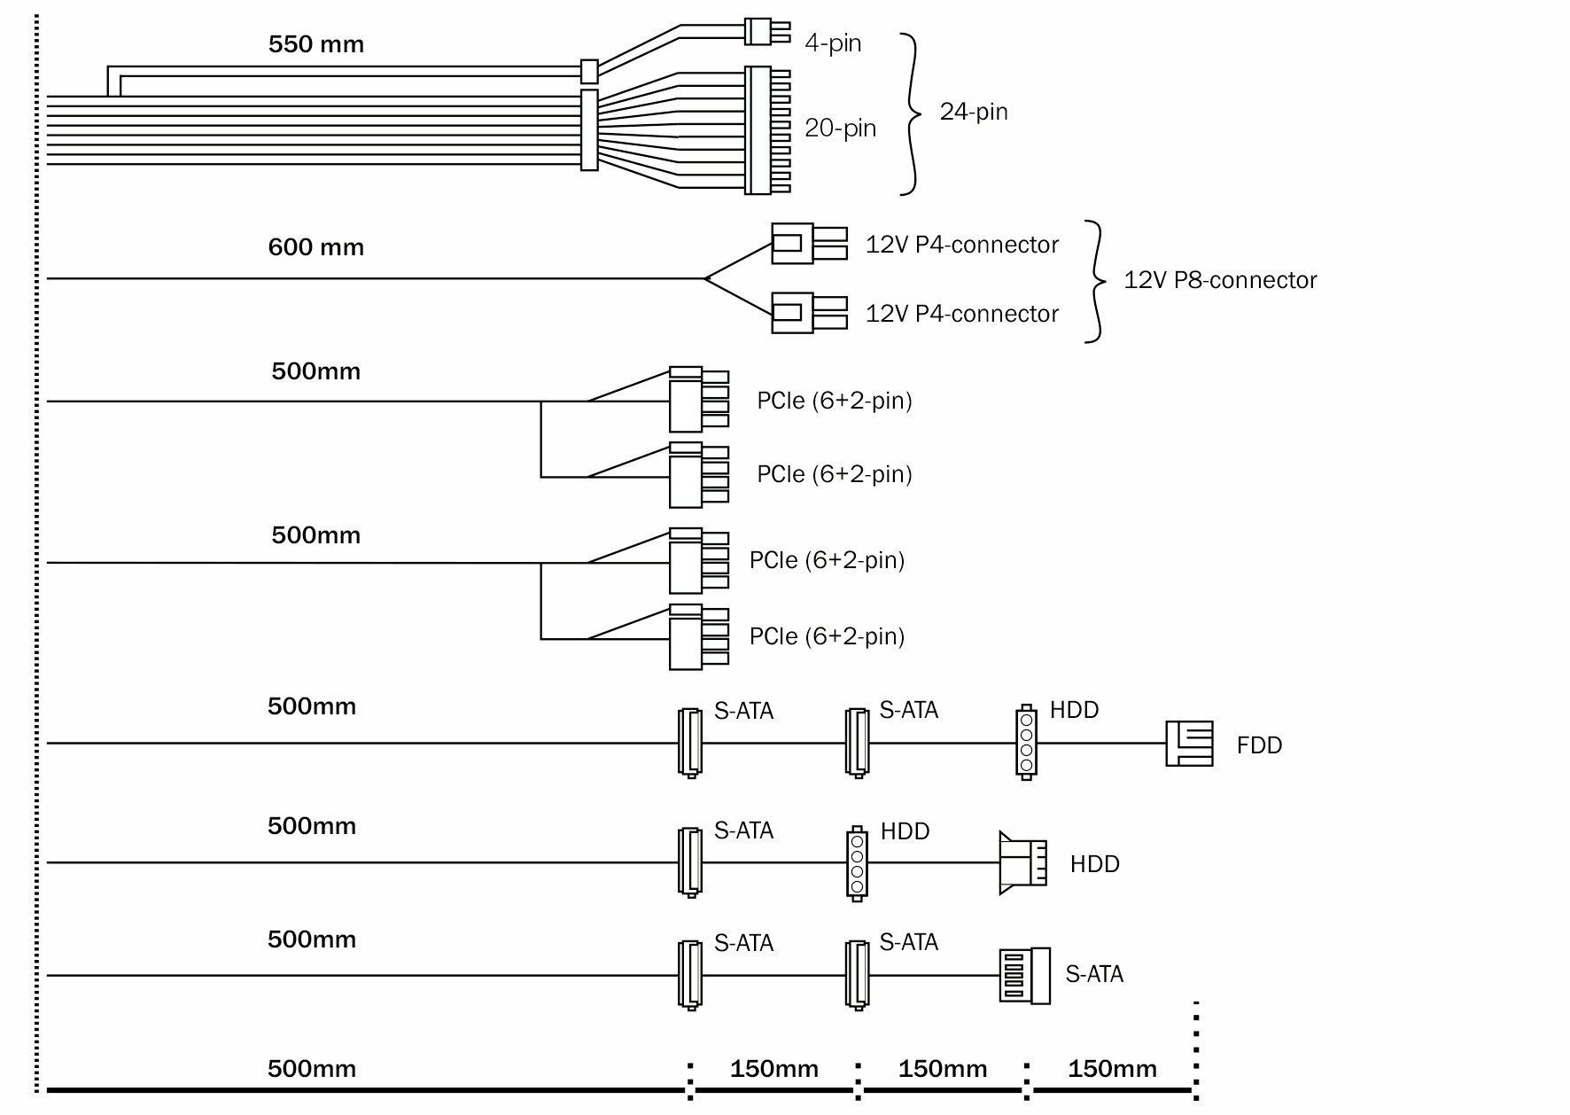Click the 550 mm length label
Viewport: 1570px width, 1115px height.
315,44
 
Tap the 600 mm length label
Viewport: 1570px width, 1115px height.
315,247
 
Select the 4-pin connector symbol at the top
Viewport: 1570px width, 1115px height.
764,32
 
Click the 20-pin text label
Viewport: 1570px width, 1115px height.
840,129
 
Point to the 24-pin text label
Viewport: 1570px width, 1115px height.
974,112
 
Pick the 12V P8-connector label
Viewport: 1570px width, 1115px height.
1220,280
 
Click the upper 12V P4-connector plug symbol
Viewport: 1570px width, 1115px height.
806,243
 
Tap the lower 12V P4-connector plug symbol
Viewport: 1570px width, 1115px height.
806,312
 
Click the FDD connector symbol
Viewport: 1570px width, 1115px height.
1189,743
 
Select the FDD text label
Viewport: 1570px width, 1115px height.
1259,745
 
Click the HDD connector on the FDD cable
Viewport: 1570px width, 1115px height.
1026,743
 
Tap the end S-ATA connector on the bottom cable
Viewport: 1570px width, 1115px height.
1025,975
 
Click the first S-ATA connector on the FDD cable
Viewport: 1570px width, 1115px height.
689,743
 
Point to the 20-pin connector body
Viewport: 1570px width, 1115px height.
766,130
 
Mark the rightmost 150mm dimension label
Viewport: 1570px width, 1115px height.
1112,1069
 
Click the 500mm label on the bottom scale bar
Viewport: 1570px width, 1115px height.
312,1069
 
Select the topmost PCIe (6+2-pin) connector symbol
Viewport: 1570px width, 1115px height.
697,400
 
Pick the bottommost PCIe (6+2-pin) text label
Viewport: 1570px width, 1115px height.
827,636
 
